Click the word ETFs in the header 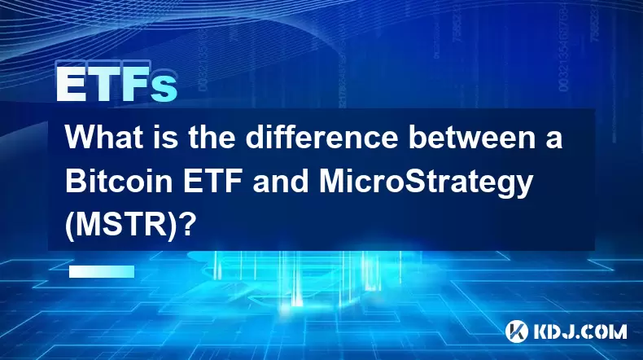(x=116, y=84)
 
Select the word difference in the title (x=322, y=138)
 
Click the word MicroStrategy (x=426, y=183)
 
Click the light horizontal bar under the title (x=102, y=271)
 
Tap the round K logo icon (x=516, y=331)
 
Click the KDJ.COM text (x=580, y=331)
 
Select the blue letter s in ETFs (x=164, y=88)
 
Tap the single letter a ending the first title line (x=553, y=140)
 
